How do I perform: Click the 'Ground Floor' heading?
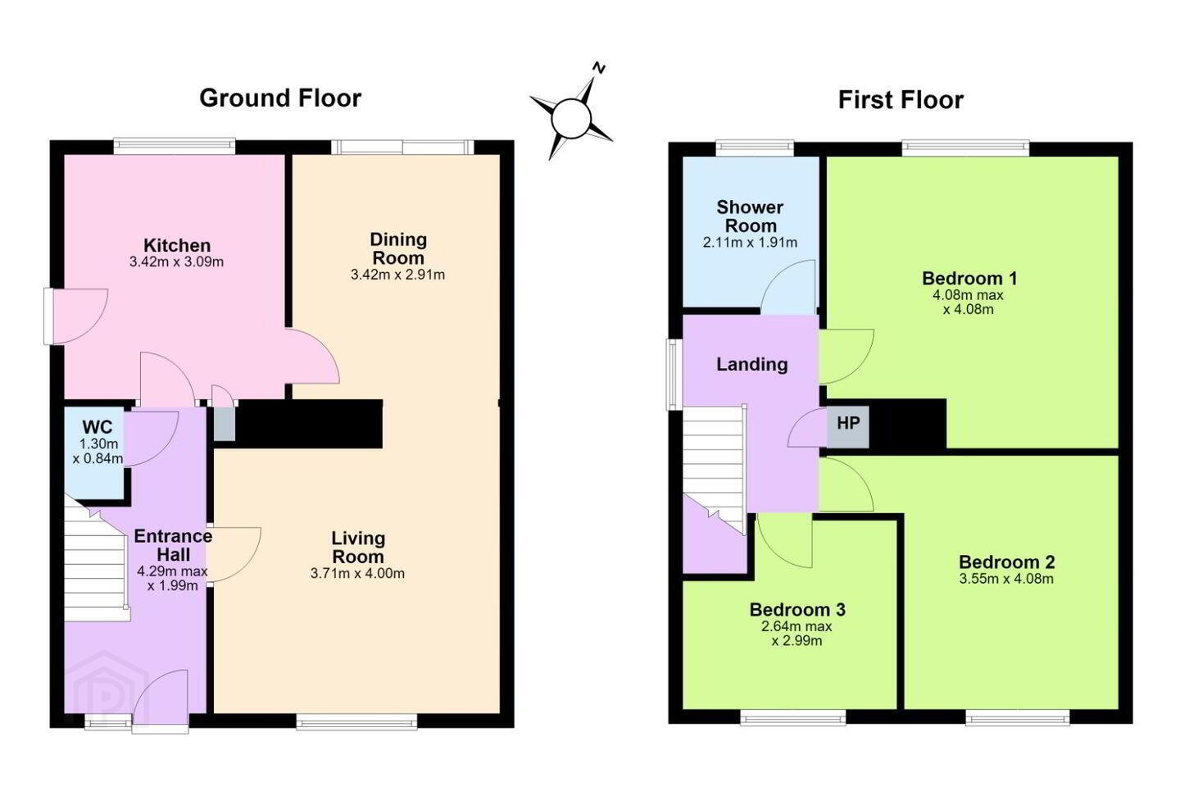click(280, 98)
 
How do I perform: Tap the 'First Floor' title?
click(901, 100)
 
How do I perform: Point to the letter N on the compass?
click(599, 68)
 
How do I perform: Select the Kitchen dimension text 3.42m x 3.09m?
click(176, 262)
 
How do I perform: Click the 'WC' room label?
click(98, 427)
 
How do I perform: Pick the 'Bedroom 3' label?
click(797, 609)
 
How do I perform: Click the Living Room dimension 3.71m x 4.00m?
click(357, 574)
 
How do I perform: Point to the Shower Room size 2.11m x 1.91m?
click(750, 243)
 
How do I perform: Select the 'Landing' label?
click(751, 364)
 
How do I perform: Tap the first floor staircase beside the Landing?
click(715, 469)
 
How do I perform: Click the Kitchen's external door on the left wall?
click(76, 316)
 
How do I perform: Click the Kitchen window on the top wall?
click(175, 147)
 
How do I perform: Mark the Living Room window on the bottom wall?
click(356, 721)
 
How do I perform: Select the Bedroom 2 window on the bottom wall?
click(1018, 717)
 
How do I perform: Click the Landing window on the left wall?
click(675, 375)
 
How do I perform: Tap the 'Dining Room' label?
click(398, 248)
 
